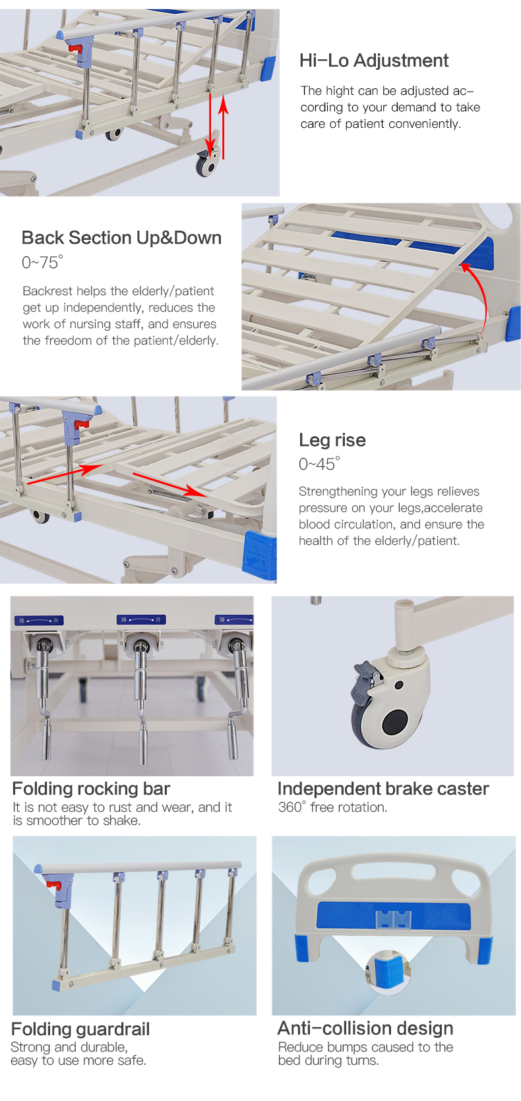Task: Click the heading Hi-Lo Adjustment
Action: pyautogui.click(x=373, y=61)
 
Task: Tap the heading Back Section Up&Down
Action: pyautogui.click(x=121, y=238)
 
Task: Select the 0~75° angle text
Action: pyautogui.click(x=42, y=262)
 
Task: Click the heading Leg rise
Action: pyautogui.click(x=332, y=440)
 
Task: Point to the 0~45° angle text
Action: pyautogui.click(x=319, y=464)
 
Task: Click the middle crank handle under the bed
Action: pyautogui.click(x=141, y=698)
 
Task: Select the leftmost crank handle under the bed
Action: pyautogui.click(x=44, y=698)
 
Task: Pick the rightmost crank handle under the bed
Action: pyautogui.click(x=237, y=698)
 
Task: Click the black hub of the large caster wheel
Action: pyautogui.click(x=395, y=723)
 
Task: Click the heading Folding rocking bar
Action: pyautogui.click(x=91, y=789)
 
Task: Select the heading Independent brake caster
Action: pyautogui.click(x=383, y=789)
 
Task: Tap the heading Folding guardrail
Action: pyautogui.click(x=80, y=1029)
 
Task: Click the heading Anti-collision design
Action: pyautogui.click(x=365, y=1029)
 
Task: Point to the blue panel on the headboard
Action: pyautogui.click(x=394, y=916)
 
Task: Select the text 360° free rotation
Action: pyautogui.click(x=332, y=807)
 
